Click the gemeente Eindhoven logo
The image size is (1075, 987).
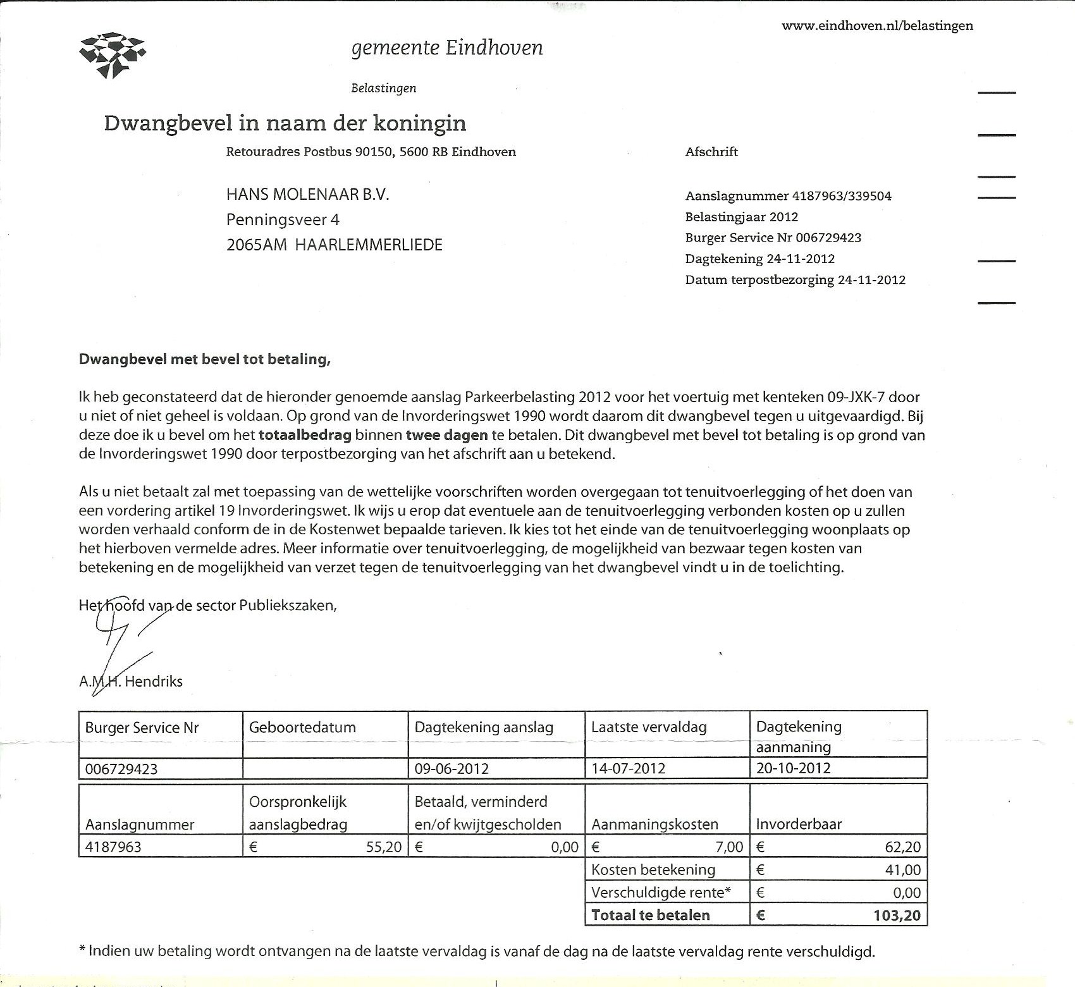[113, 55]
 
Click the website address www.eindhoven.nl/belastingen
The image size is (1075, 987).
[877, 26]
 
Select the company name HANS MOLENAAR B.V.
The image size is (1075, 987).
[307, 195]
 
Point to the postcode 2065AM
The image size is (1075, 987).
[256, 245]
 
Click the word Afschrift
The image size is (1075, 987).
[711, 152]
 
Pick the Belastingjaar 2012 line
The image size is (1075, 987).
[741, 217]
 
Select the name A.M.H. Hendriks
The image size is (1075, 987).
[131, 682]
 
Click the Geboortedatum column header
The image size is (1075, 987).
[302, 728]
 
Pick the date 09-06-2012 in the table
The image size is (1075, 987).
[451, 769]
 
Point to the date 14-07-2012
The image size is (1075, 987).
[628, 769]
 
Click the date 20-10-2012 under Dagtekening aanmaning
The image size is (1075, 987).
[793, 769]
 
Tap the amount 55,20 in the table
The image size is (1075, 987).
[384, 847]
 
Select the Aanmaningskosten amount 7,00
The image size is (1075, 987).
[730, 847]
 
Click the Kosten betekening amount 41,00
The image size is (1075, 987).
[903, 870]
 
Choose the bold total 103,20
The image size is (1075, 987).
[898, 916]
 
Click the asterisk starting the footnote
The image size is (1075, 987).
[82, 950]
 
